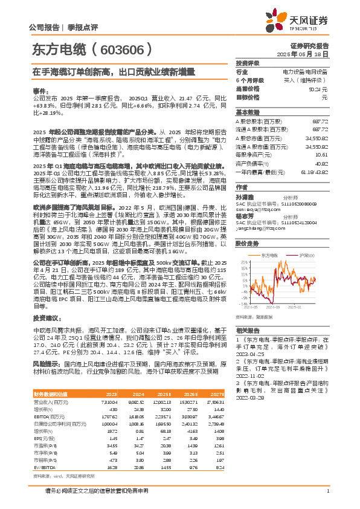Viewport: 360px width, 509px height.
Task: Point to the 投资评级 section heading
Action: click(x=248, y=63)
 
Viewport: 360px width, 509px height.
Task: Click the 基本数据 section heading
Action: click(x=248, y=112)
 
